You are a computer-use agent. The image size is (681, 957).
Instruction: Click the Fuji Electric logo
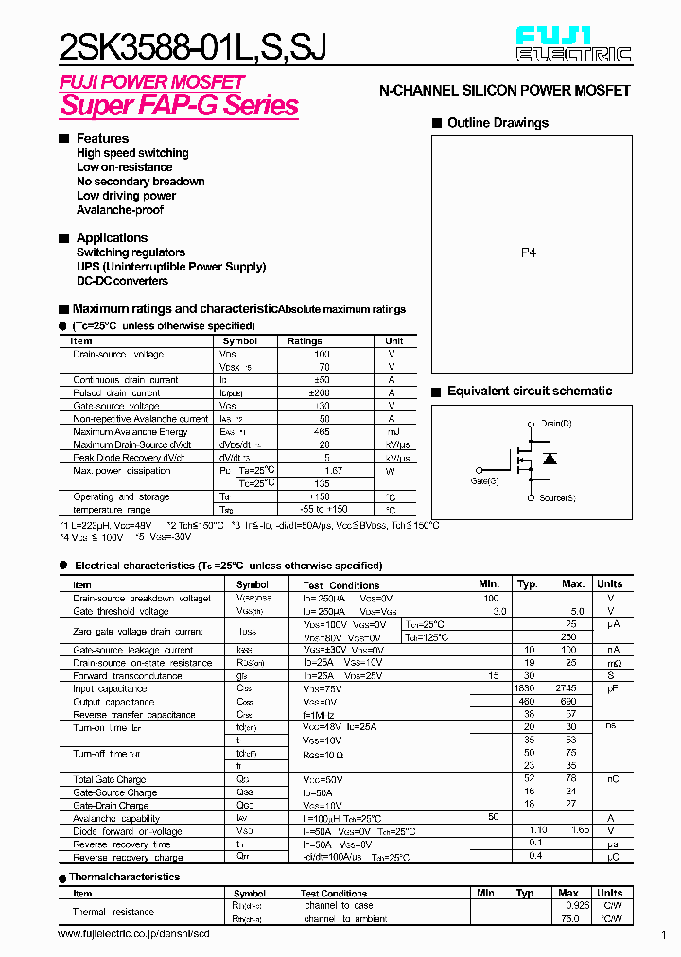click(x=573, y=44)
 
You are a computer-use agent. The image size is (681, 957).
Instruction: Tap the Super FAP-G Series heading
click(x=179, y=105)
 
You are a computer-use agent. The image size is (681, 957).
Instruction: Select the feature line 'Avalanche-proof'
click(x=119, y=210)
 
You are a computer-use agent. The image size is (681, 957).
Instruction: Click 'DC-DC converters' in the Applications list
click(x=122, y=281)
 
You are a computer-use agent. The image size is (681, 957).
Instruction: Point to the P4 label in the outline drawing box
click(x=529, y=253)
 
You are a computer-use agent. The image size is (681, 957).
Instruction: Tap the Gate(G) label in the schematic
click(x=485, y=481)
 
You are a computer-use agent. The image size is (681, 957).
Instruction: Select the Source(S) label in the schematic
click(x=557, y=498)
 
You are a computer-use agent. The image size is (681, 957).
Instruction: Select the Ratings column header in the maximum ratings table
click(x=305, y=341)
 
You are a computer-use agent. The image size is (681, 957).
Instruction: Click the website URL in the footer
click(x=133, y=934)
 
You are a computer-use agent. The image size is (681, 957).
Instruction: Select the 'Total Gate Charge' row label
click(x=110, y=780)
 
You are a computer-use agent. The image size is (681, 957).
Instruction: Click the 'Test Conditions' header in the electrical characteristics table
click(x=340, y=585)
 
